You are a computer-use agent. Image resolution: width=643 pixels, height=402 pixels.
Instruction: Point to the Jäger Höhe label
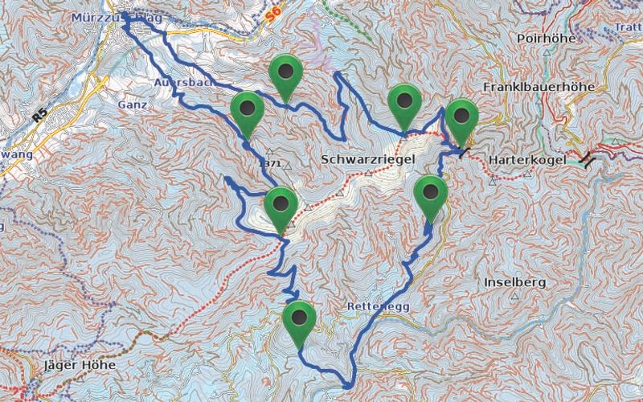click(77, 365)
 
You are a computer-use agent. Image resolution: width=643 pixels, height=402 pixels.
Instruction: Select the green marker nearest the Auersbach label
click(248, 113)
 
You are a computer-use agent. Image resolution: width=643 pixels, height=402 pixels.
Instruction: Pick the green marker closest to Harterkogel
click(461, 119)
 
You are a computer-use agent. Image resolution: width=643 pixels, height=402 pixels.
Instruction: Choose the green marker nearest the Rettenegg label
click(300, 323)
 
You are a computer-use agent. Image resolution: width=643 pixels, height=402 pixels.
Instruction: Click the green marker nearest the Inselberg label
click(432, 197)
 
